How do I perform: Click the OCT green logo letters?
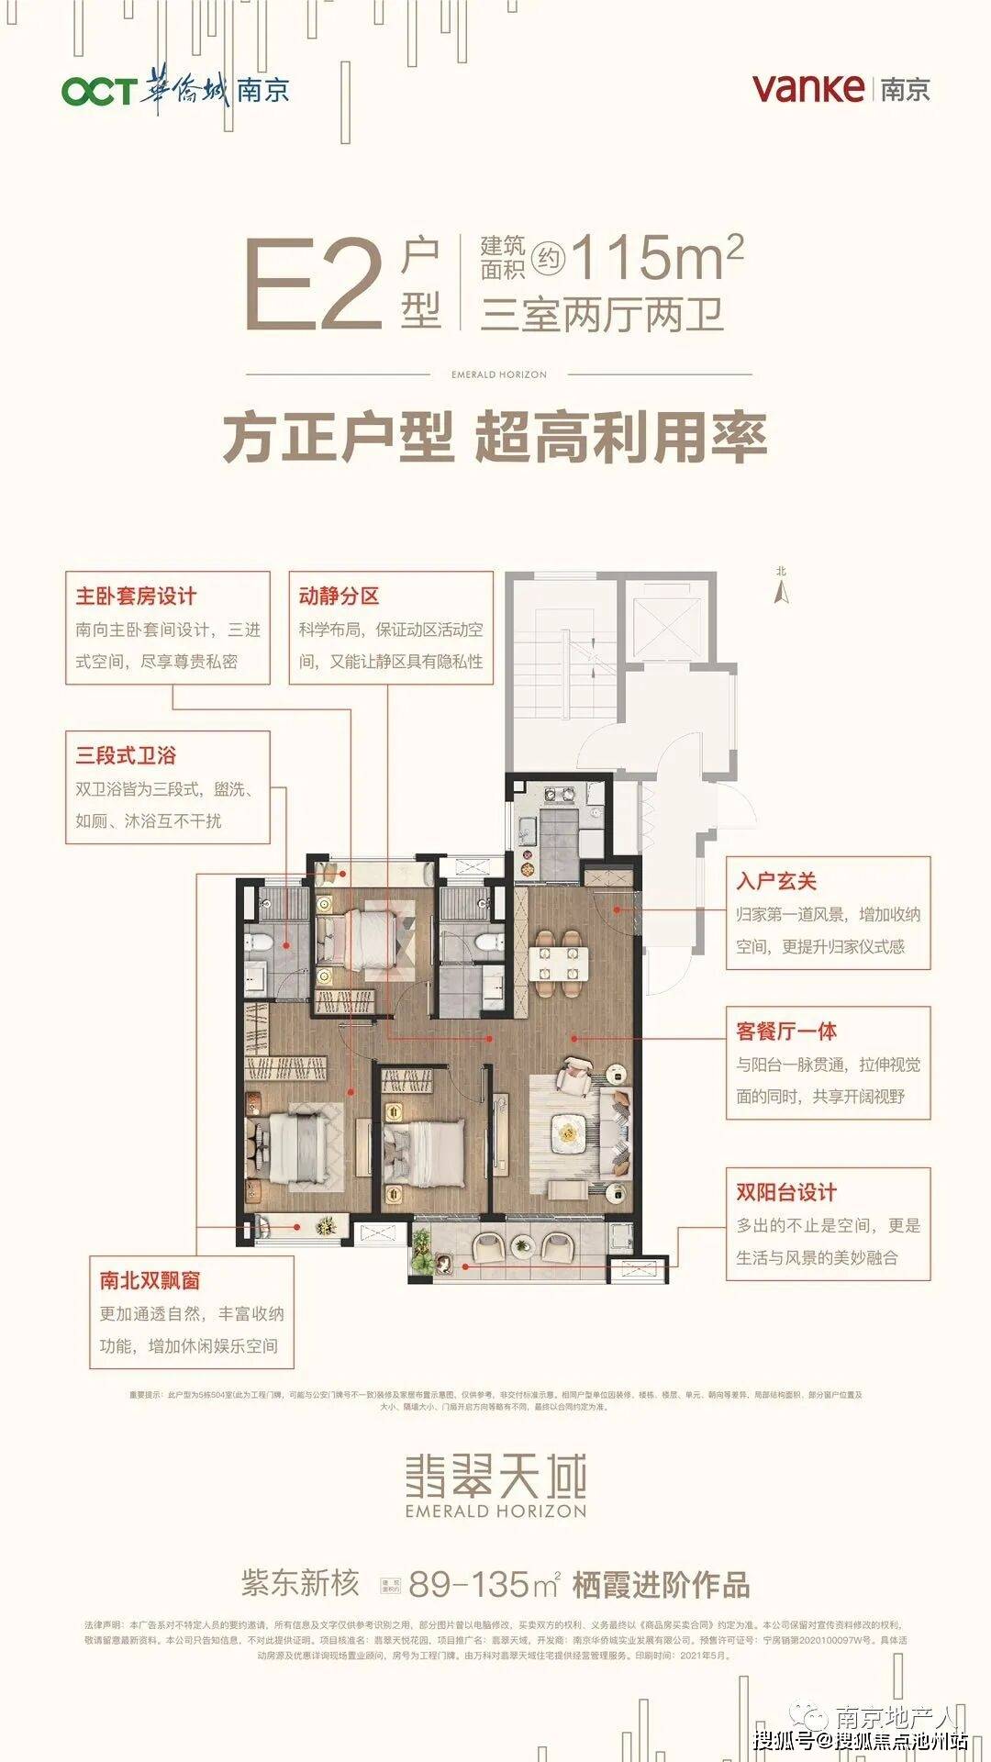[x=98, y=91]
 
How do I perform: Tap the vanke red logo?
[x=807, y=88]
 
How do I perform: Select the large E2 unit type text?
[x=313, y=284]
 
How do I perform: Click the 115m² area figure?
[x=657, y=258]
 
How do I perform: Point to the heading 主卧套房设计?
[x=136, y=597]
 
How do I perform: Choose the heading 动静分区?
[x=339, y=597]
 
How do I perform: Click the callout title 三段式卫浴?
[x=126, y=756]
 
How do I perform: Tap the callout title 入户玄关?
[x=776, y=882]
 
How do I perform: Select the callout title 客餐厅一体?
[x=786, y=1032]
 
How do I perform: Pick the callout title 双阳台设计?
[x=786, y=1193]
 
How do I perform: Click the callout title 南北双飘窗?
[x=150, y=1280]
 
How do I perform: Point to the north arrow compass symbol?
[x=782, y=589]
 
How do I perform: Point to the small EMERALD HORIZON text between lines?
[x=499, y=374]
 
